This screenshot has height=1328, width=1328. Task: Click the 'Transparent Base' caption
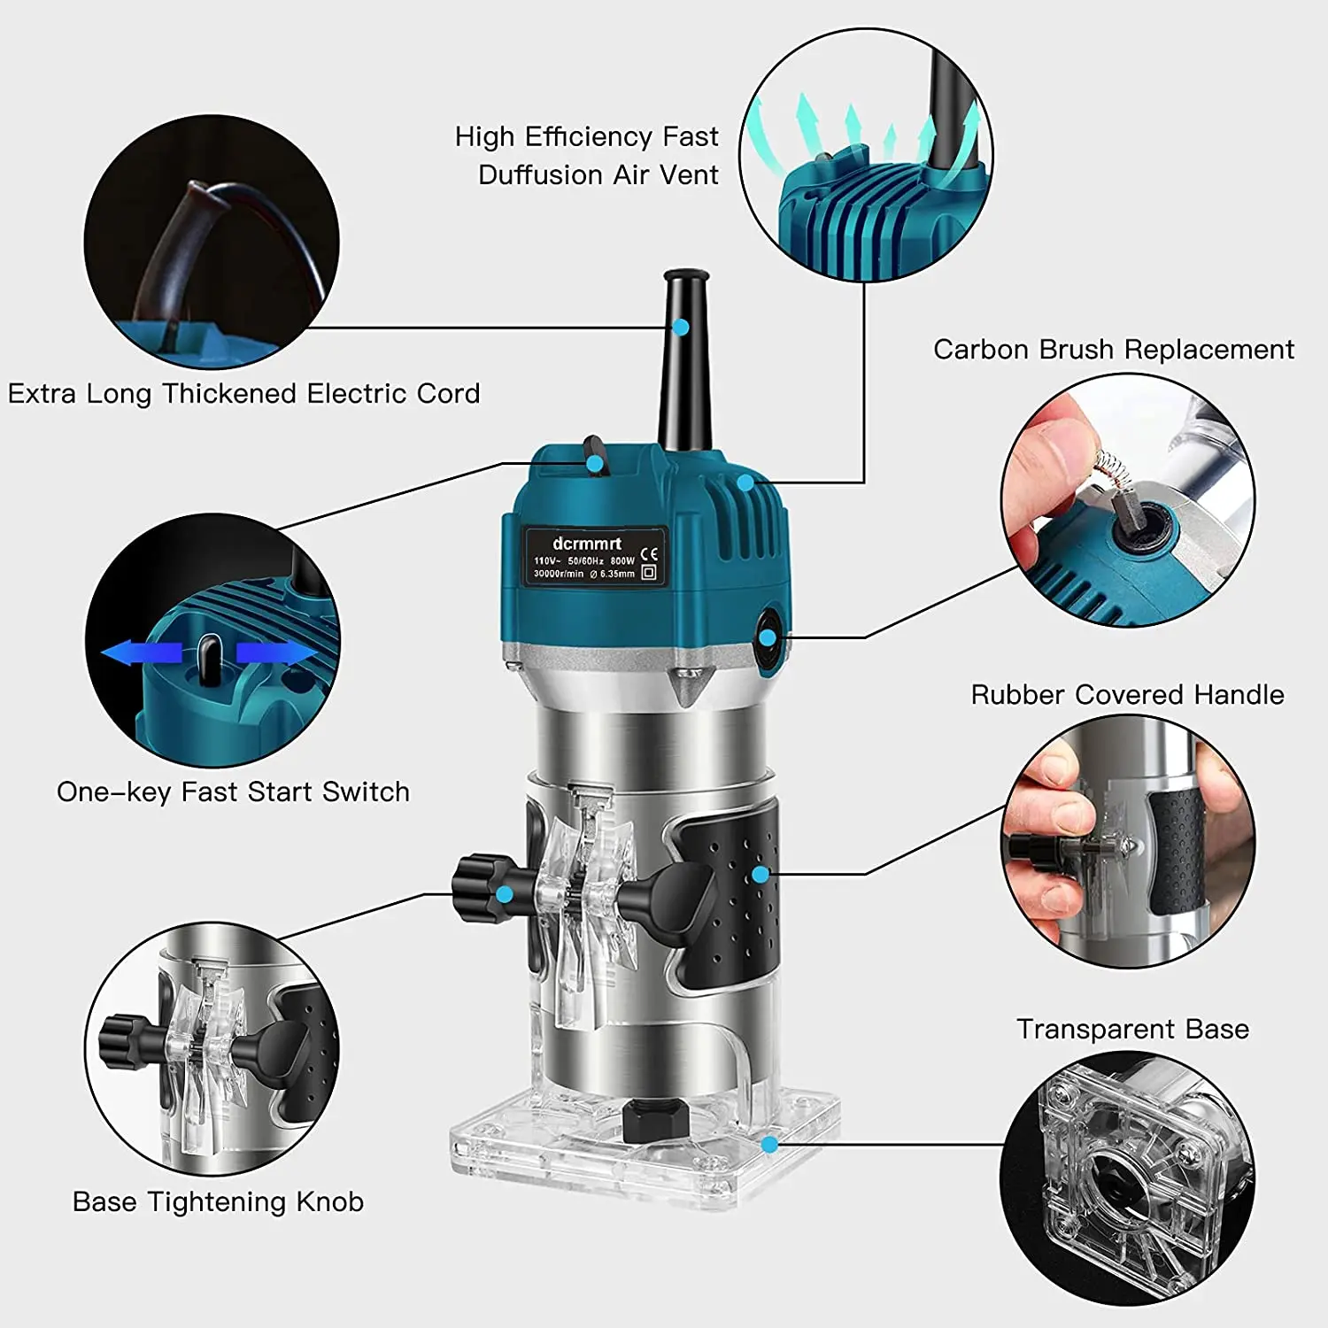click(x=1132, y=1029)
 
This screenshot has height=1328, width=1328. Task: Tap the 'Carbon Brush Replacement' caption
click(x=1114, y=350)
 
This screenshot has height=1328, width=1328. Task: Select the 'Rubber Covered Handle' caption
click(x=1127, y=695)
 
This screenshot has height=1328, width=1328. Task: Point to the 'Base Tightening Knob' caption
click(x=218, y=1202)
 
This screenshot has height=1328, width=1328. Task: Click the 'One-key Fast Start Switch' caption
click(x=233, y=791)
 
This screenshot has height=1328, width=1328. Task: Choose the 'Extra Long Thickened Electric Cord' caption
click(x=243, y=393)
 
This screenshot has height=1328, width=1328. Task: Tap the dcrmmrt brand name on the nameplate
click(x=587, y=544)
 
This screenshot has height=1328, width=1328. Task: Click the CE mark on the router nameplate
click(x=649, y=555)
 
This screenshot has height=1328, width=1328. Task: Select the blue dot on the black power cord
click(x=680, y=327)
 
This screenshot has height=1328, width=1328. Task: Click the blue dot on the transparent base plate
click(x=769, y=1145)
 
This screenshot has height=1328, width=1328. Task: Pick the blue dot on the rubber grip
click(x=760, y=875)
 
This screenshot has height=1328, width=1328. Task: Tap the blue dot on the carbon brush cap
click(x=768, y=637)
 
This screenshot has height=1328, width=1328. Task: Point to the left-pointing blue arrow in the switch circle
click(x=142, y=653)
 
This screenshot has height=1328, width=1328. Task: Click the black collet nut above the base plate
click(x=656, y=1120)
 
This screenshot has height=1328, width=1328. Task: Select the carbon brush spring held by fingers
click(x=1107, y=467)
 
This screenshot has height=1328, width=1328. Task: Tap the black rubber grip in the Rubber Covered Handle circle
click(x=1177, y=852)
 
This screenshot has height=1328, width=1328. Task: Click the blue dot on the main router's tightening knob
click(x=504, y=894)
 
